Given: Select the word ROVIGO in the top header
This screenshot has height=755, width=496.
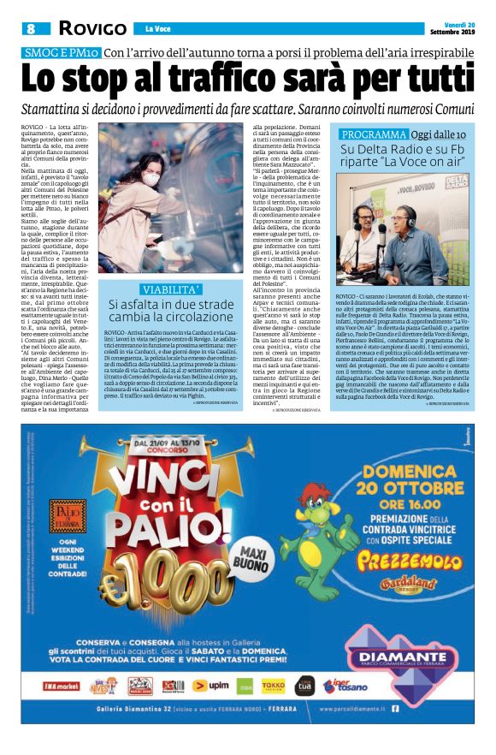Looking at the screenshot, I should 87,29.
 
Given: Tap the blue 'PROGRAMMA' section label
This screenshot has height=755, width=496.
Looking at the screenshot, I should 374,135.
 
